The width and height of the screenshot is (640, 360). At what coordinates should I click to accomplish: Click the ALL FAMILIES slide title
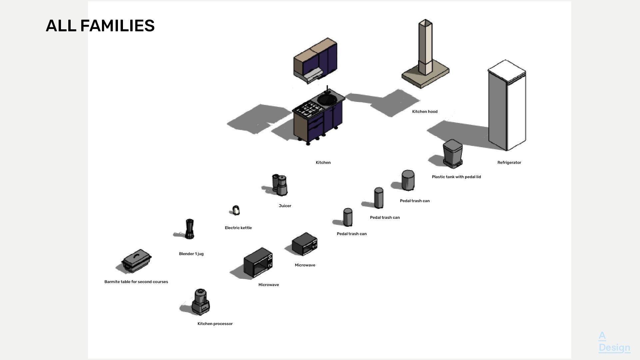100,26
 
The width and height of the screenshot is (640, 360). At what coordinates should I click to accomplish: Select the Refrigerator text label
509,163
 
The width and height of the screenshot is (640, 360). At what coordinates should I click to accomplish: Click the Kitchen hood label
425,112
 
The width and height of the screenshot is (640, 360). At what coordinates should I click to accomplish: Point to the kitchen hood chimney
425,47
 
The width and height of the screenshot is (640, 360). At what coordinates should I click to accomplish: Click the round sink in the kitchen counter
327,99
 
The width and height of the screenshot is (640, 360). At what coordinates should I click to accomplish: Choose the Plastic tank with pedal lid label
456,177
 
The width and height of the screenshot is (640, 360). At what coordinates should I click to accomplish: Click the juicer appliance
280,185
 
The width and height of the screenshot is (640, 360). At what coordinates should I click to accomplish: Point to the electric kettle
236,210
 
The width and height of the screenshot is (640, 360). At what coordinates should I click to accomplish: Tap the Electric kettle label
238,228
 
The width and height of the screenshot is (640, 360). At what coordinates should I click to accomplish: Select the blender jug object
189,229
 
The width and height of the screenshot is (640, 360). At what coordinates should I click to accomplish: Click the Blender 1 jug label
191,254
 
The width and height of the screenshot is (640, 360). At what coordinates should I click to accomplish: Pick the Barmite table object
137,260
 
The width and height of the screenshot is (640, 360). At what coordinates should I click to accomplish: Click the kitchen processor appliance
201,302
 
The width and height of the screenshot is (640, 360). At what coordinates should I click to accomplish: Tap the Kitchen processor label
215,324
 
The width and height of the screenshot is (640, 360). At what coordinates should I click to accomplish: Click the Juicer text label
285,206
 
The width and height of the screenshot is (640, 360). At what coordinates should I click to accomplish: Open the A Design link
614,342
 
